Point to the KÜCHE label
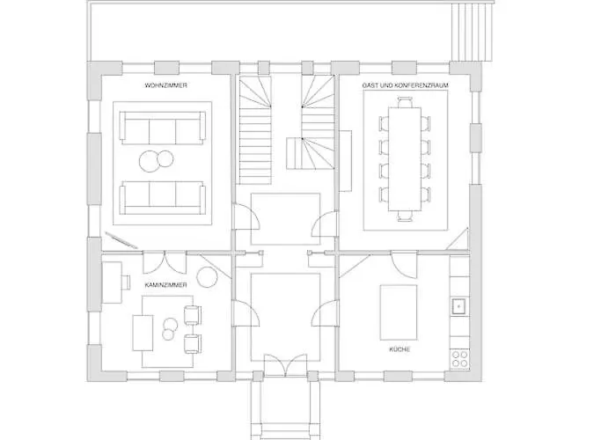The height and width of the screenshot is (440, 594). [x=400, y=349]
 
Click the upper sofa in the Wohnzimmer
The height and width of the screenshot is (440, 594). [x=162, y=130]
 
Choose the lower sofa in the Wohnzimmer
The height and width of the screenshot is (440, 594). [x=162, y=195]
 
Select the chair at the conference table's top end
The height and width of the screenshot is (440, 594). [x=405, y=102]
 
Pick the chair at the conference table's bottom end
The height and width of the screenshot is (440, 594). [x=405, y=213]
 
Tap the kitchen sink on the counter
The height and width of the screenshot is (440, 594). [x=458, y=306]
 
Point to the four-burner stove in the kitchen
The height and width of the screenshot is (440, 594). [x=459, y=359]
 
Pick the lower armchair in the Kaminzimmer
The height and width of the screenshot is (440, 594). [x=193, y=342]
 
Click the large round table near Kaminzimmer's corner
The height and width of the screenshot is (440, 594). [x=206, y=278]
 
